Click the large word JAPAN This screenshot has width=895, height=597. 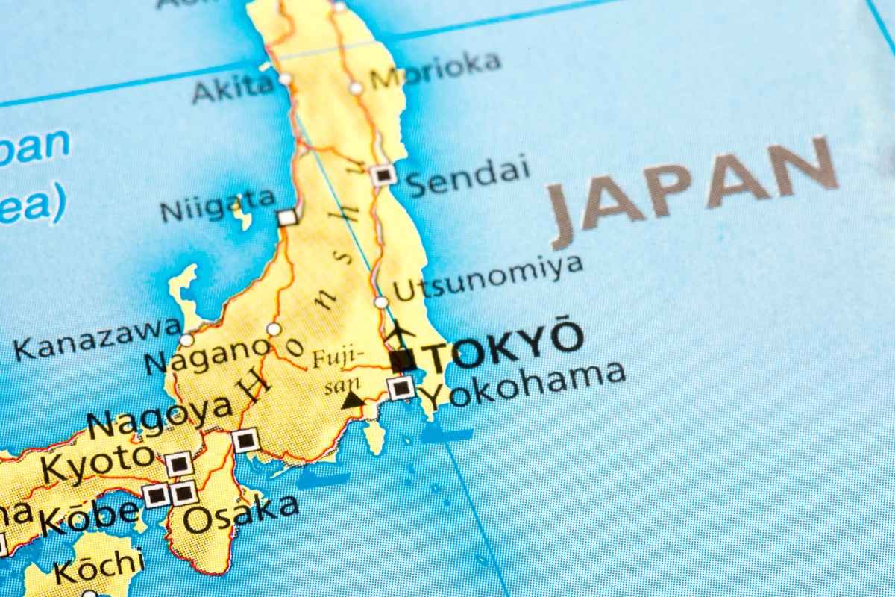click(x=694, y=191)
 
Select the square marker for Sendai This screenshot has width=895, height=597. click(x=383, y=175)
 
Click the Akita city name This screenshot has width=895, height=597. click(x=233, y=89)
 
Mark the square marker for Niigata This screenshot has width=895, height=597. click(x=287, y=217)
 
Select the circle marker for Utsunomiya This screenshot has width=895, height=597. click(x=381, y=302)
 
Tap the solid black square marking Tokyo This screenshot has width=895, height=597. click(x=403, y=361)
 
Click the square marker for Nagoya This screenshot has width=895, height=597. click(x=245, y=440)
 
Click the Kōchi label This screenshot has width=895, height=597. click(x=97, y=566)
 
